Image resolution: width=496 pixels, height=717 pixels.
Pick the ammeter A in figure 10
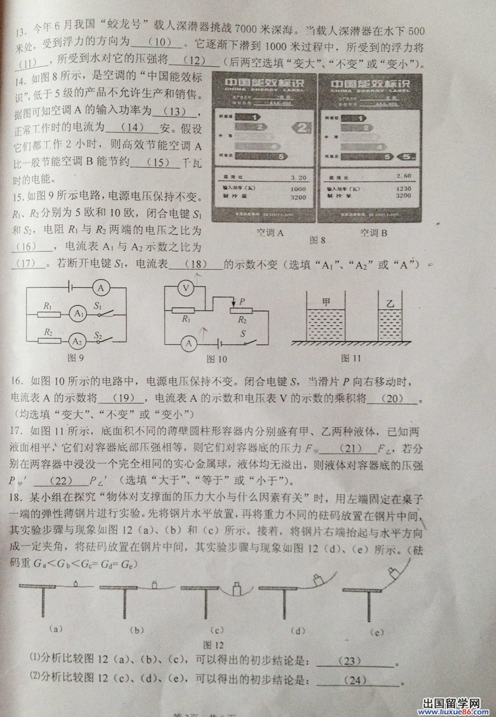click(x=189, y=344)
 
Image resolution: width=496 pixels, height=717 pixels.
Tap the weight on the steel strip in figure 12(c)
click(x=236, y=589)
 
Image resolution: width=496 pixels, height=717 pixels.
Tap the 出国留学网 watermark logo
click(x=451, y=706)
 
